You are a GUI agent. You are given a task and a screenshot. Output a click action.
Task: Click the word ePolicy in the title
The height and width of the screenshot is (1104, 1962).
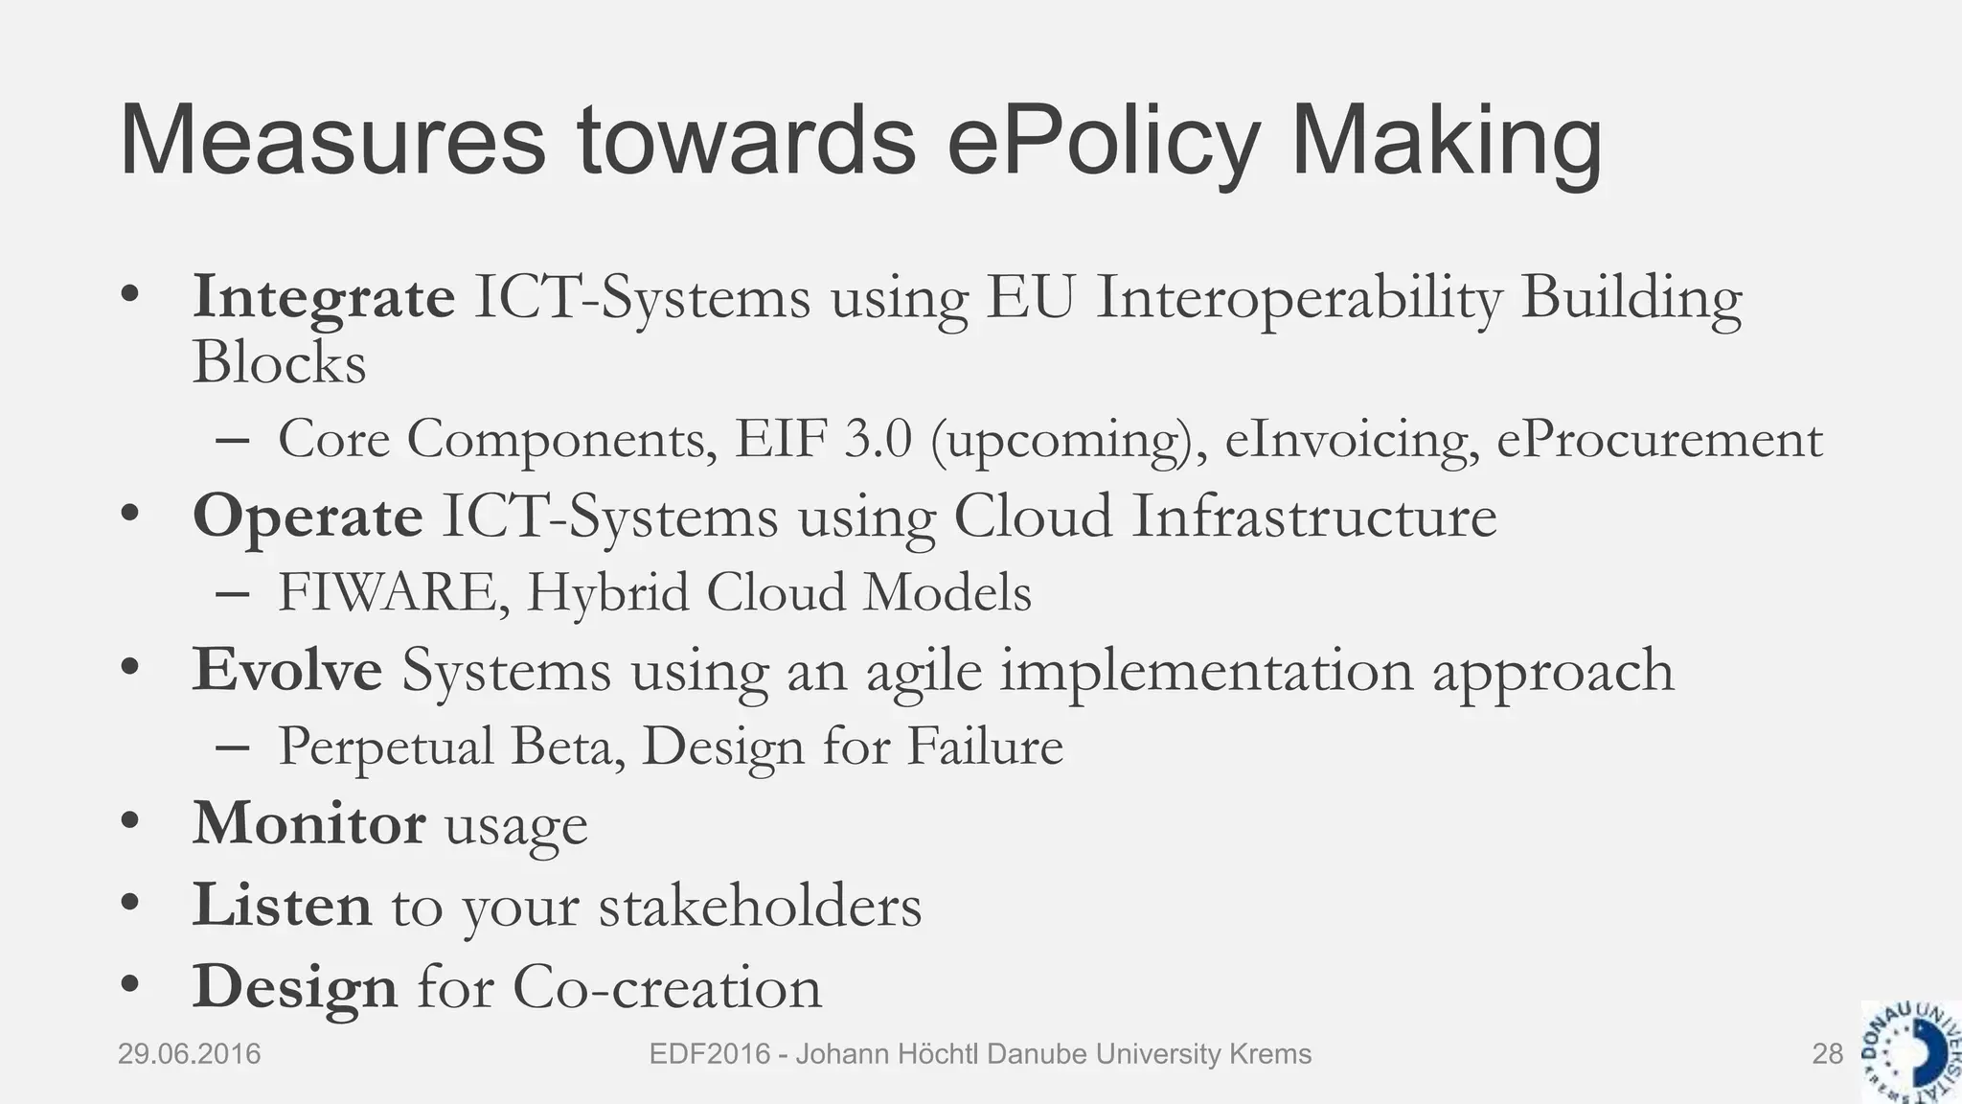1102,144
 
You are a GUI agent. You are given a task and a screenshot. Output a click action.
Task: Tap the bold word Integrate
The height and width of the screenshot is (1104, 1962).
324,297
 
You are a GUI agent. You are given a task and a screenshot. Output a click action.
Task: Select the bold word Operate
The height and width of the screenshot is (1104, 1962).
308,517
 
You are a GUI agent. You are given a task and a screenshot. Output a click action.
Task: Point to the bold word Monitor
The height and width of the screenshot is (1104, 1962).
308,823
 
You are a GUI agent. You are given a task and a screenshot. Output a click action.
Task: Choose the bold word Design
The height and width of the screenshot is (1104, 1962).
295,986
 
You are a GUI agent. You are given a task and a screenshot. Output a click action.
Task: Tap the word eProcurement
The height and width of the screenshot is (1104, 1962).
1658,440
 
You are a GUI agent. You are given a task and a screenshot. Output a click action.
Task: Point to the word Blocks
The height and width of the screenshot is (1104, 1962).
279,364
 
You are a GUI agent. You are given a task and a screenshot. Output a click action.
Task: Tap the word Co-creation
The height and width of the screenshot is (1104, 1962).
667,986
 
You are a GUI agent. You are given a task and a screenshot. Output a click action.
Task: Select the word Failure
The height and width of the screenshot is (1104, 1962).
985,747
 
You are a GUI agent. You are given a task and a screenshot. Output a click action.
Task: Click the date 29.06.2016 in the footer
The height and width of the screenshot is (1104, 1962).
189,1054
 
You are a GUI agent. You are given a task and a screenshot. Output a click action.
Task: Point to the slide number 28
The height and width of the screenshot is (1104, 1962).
1827,1054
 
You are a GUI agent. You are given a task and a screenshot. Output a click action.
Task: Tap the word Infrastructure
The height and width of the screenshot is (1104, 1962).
1313,517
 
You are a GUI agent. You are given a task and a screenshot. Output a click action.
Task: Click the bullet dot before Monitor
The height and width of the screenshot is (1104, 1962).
131,821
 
